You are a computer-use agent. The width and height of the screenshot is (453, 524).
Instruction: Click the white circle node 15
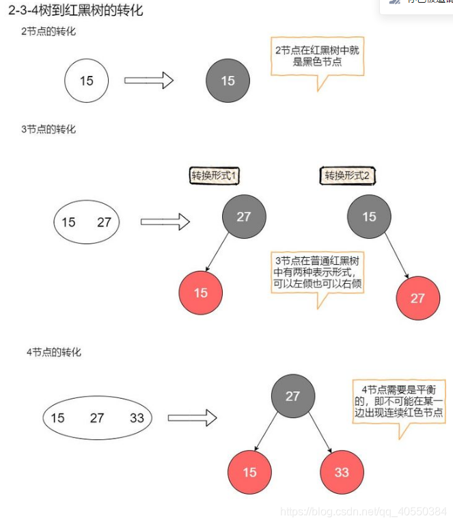pyautogui.click(x=87, y=81)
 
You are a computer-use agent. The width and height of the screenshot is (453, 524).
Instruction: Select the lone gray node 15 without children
pyautogui.click(x=228, y=81)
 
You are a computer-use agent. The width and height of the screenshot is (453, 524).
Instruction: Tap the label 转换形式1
pyautogui.click(x=214, y=176)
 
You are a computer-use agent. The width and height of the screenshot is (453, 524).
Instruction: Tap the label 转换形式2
pyautogui.click(x=347, y=176)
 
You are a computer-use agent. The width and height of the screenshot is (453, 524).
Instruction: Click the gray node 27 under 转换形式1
pyautogui.click(x=244, y=217)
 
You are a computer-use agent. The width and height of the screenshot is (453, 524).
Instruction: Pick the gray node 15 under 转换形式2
pyautogui.click(x=369, y=217)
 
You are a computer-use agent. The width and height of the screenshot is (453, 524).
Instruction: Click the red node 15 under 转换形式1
pyautogui.click(x=200, y=293)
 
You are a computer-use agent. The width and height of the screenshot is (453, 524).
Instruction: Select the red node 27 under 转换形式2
pyautogui.click(x=417, y=298)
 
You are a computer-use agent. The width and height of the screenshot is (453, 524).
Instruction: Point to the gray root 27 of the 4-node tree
pyautogui.click(x=293, y=396)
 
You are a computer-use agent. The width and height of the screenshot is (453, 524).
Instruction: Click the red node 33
pyautogui.click(x=342, y=472)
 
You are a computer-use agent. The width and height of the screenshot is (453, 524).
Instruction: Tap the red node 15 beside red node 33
pyautogui.click(x=249, y=472)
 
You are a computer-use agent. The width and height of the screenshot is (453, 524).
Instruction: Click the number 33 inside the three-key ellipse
pyautogui.click(x=137, y=417)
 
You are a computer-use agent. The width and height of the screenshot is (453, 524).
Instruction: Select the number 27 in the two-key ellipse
pyautogui.click(x=104, y=222)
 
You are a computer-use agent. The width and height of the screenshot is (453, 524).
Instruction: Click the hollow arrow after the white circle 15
pyautogui.click(x=148, y=80)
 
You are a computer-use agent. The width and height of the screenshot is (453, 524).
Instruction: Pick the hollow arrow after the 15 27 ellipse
pyautogui.click(x=165, y=222)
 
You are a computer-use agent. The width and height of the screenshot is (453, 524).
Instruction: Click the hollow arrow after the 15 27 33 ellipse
pyautogui.click(x=192, y=417)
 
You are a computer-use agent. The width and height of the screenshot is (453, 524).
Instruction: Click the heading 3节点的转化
pyautogui.click(x=49, y=129)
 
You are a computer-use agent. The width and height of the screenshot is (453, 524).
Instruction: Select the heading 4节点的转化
pyautogui.click(x=54, y=352)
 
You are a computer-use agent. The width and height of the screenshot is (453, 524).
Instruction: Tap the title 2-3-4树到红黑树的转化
pyautogui.click(x=76, y=11)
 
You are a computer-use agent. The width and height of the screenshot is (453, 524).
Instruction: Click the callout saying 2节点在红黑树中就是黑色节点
pyautogui.click(x=317, y=56)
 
